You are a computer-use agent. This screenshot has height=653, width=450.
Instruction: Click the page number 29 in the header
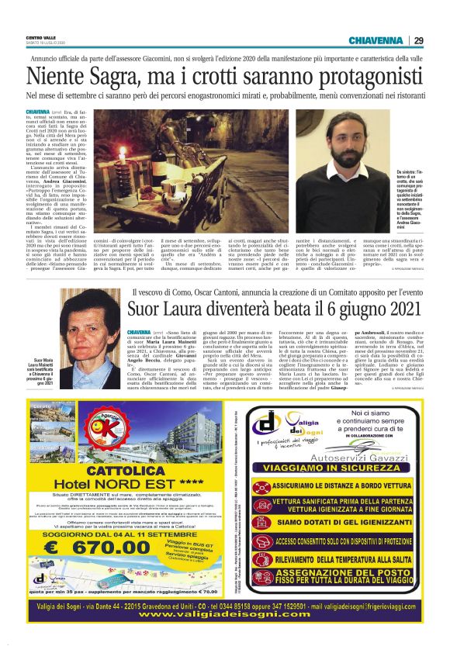(418, 40)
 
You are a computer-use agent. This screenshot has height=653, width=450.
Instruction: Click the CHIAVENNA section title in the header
(376, 40)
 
